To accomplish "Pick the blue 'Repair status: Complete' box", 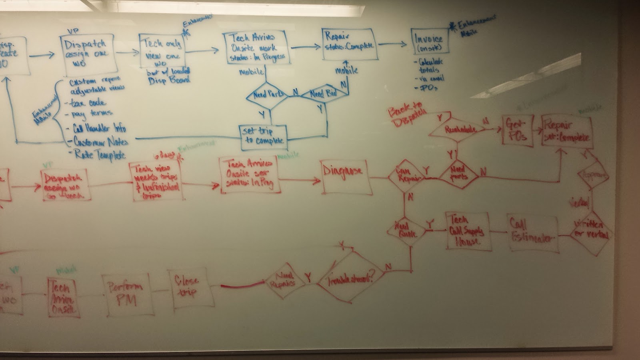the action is (348, 44).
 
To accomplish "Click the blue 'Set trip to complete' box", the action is (264, 136).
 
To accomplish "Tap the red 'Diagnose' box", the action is (343, 176).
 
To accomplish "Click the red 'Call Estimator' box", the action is (533, 234).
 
